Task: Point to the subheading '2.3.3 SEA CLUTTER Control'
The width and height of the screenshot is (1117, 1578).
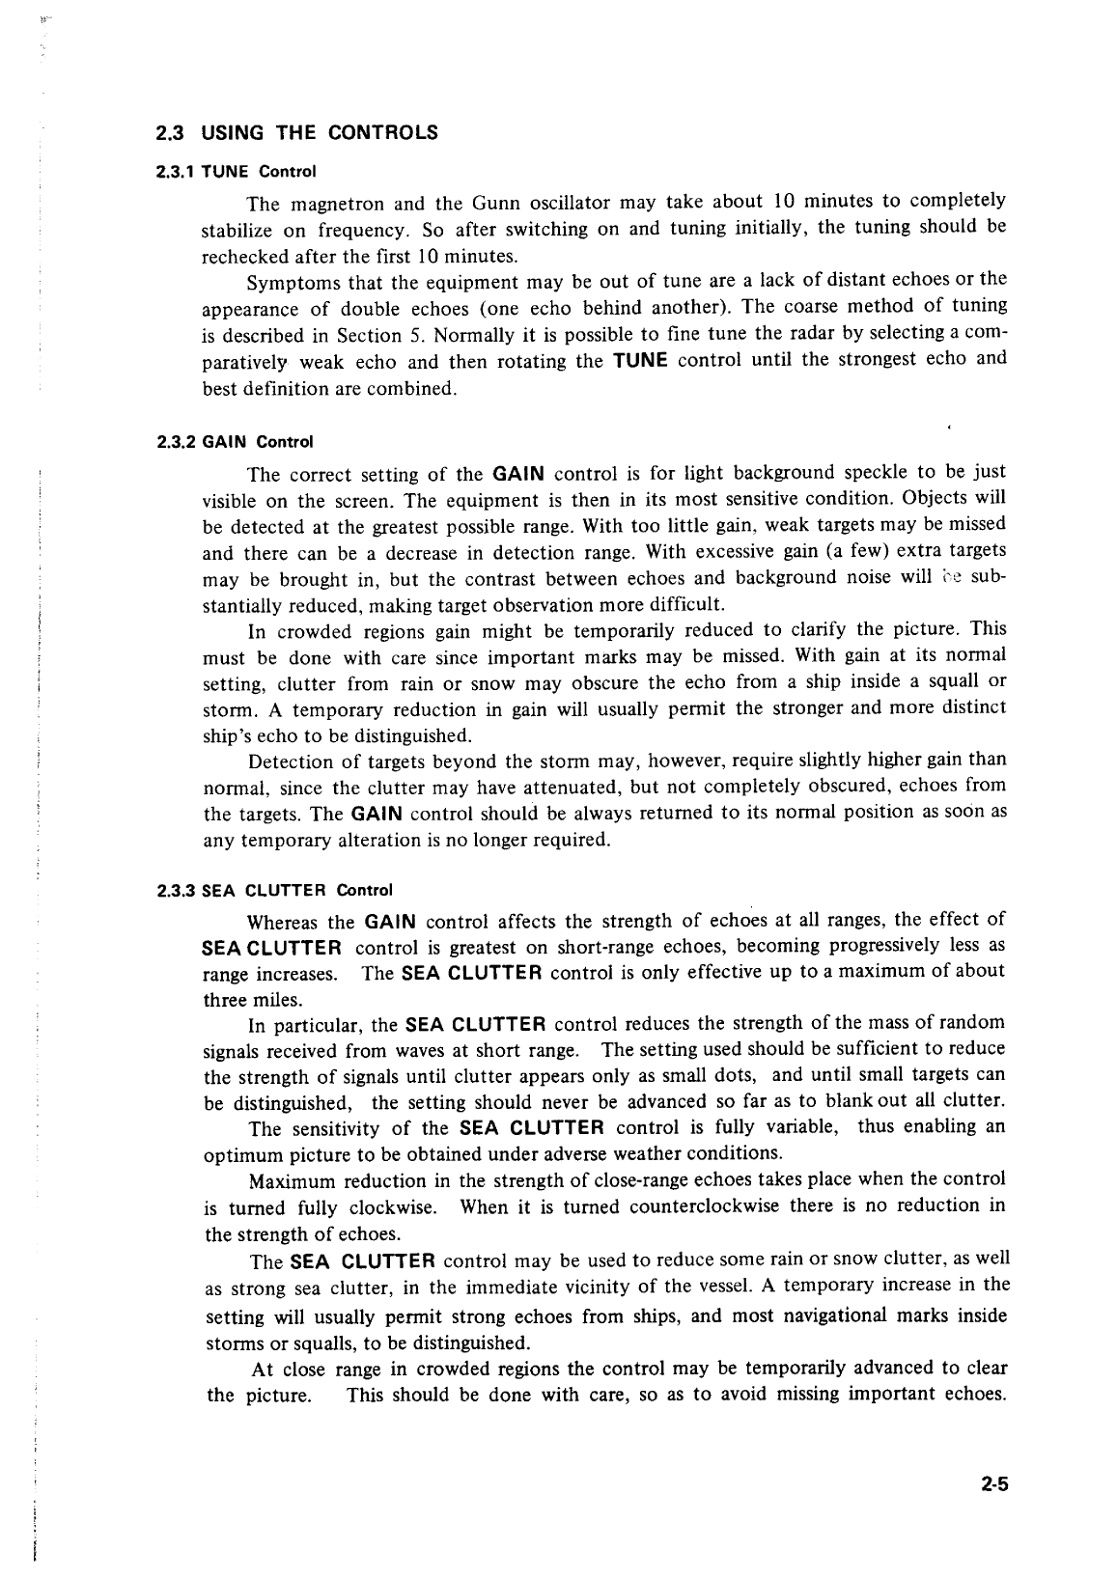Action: coord(274,890)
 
